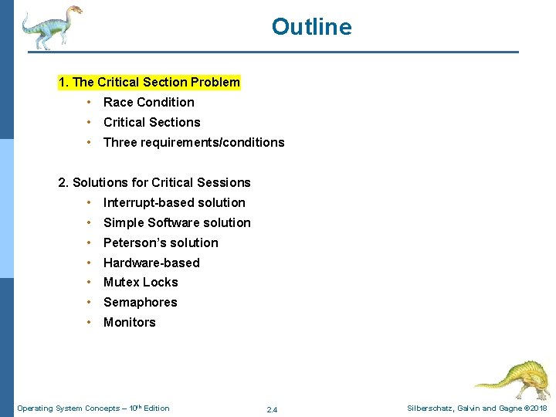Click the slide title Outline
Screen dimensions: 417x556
click(311, 27)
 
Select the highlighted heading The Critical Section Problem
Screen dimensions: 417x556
click(149, 82)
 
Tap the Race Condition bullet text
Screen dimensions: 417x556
click(148, 102)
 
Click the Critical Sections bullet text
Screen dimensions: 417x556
click(151, 122)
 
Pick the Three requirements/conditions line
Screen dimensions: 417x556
click(194, 142)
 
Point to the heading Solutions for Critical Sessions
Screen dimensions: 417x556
click(154, 182)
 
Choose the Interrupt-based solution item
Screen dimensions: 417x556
click(174, 202)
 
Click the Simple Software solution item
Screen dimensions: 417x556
click(177, 222)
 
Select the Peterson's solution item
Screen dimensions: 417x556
click(161, 242)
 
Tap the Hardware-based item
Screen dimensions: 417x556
click(151, 263)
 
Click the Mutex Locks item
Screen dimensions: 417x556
click(141, 282)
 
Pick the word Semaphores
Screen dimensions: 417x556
click(140, 302)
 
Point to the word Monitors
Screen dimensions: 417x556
click(129, 322)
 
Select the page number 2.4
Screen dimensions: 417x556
click(272, 409)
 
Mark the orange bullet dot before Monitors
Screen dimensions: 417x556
click(90, 322)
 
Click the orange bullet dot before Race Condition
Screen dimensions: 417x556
click(90, 102)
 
